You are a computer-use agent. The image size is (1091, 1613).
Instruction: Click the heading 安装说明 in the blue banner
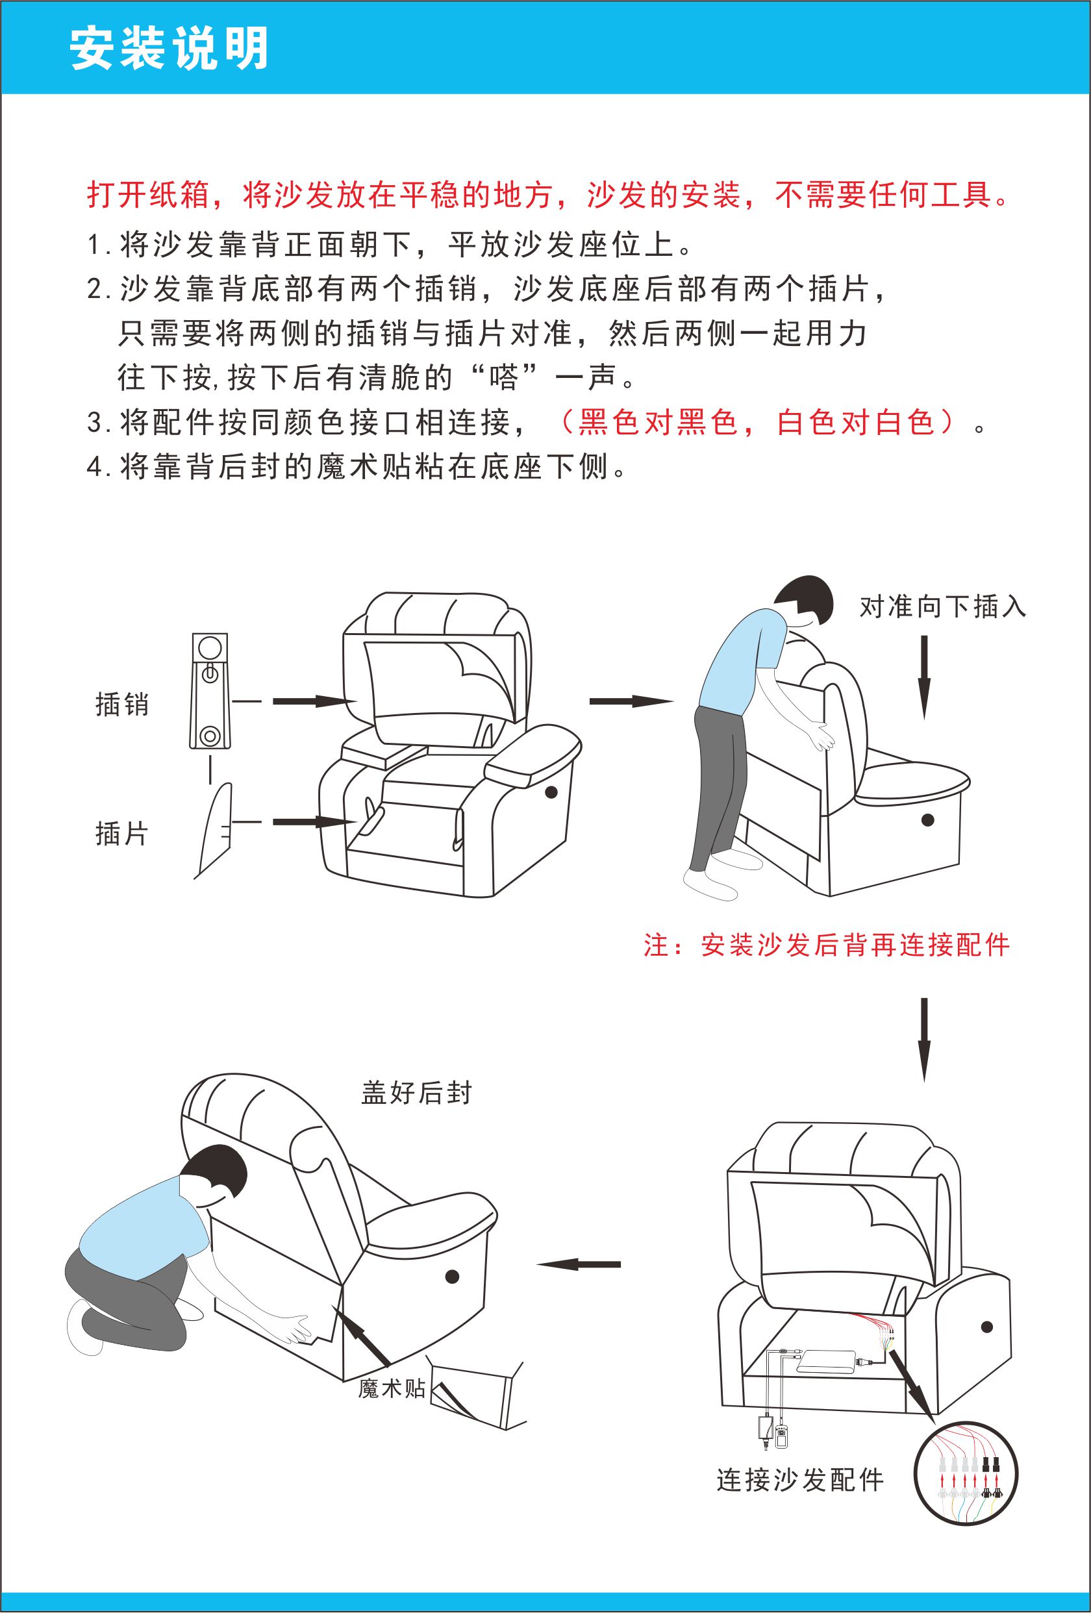coord(169,49)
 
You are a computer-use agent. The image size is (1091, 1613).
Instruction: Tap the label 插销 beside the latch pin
coord(122,704)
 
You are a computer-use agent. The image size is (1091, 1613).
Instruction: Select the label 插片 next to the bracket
coord(122,833)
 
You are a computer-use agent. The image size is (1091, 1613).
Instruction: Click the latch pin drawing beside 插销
coord(210,691)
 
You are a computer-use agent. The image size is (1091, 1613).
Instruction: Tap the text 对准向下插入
coord(942,606)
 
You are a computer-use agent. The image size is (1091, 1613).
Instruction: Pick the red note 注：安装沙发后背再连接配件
coord(826,945)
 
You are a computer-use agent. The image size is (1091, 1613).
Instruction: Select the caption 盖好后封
coord(416,1092)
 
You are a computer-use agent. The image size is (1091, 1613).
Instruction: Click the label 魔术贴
coord(392,1388)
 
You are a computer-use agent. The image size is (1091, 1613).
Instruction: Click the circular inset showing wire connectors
coord(966,1474)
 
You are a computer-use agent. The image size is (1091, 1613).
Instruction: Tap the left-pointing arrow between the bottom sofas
coord(579,1264)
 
